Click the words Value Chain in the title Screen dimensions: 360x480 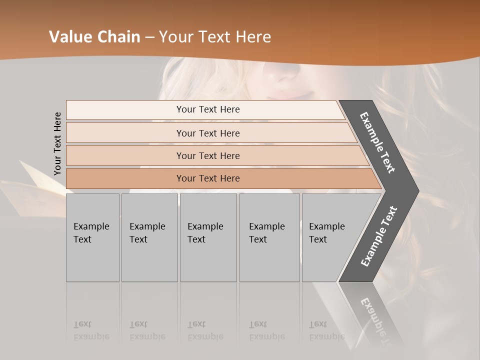[94, 37]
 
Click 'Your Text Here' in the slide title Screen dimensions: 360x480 [215, 37]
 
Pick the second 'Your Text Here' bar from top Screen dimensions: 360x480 [208, 133]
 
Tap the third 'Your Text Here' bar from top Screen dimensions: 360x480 [208, 155]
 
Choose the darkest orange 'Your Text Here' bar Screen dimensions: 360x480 [208, 178]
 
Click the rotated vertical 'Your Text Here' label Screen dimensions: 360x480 [57, 143]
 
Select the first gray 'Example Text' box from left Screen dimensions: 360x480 [92, 237]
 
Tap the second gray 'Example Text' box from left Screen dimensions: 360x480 [149, 237]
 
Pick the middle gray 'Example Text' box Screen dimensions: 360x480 [208, 237]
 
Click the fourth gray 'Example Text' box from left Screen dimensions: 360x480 [269, 237]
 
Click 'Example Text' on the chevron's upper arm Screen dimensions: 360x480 [377, 142]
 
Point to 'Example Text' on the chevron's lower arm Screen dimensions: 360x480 [379, 236]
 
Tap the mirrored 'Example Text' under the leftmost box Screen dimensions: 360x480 [91, 331]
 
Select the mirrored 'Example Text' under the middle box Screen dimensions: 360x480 [205, 331]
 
